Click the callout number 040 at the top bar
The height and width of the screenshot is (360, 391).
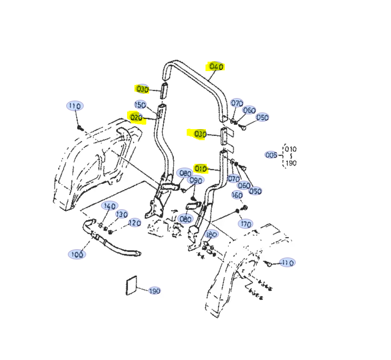[x=216, y=66]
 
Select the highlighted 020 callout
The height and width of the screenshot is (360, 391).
[x=136, y=118]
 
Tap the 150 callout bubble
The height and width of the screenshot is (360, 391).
[x=140, y=105]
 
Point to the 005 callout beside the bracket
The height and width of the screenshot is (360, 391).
[x=271, y=155]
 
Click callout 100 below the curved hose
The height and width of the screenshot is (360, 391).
[x=77, y=254]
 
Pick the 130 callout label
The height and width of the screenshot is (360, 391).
[x=121, y=214]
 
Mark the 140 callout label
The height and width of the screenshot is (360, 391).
[x=109, y=206]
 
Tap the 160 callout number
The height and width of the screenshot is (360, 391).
[x=237, y=195]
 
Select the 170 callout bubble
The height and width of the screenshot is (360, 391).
[x=246, y=224]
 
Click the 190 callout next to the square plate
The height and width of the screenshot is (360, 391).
[x=154, y=291]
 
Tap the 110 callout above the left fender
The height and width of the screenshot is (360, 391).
[x=74, y=106]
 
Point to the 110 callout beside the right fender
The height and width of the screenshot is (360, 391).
[x=287, y=262]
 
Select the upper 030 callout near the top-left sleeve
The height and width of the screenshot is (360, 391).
[x=142, y=89]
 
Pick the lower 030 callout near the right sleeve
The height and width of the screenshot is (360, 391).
[x=200, y=134]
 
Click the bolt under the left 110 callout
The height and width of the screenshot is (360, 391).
[x=80, y=128]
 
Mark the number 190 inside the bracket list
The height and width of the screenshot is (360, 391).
[x=291, y=163]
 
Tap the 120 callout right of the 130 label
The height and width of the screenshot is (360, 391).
[x=135, y=223]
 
